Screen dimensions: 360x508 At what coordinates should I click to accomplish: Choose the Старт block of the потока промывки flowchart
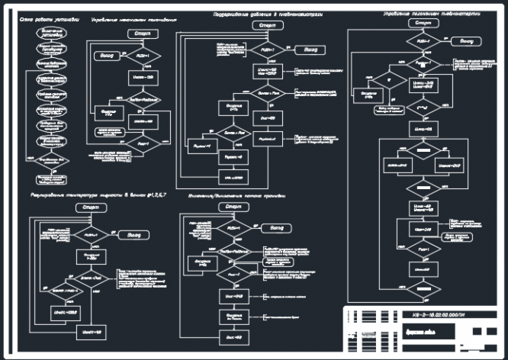[233, 207]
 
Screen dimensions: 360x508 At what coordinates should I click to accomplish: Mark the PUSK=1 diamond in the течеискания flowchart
[139, 56]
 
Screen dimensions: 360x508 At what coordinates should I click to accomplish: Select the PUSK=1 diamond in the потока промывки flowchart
[230, 227]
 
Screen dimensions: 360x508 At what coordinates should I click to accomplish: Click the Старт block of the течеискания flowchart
[141, 35]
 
